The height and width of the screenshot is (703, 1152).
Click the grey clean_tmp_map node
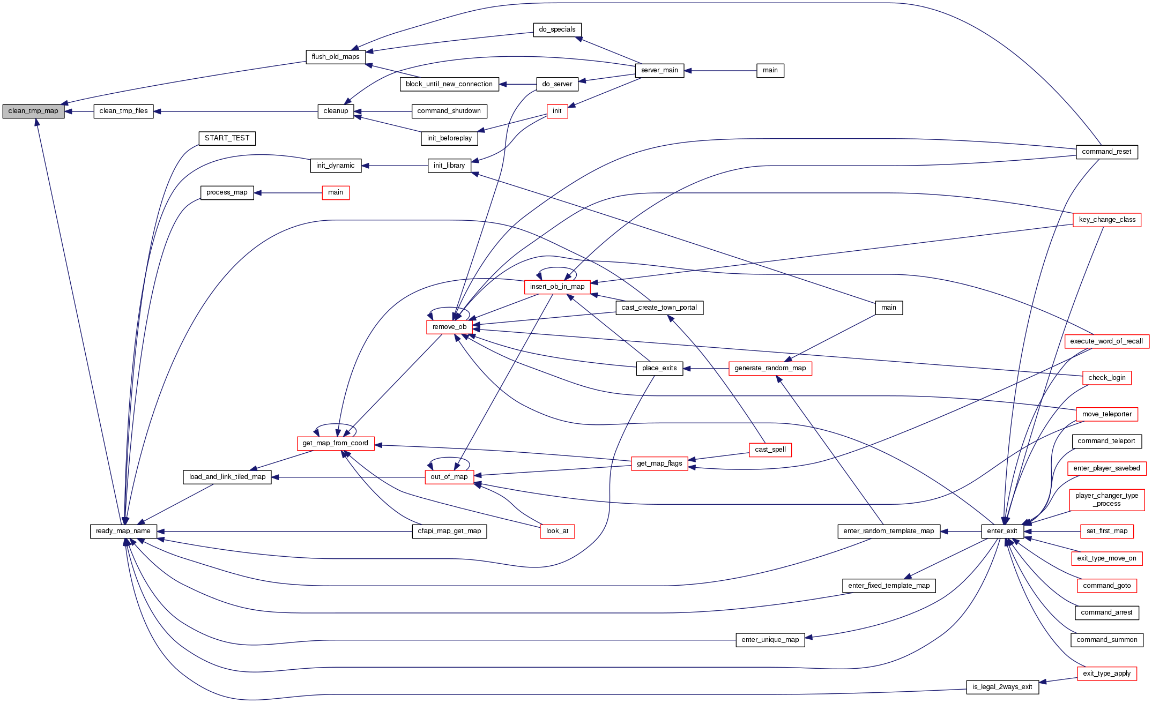(x=33, y=111)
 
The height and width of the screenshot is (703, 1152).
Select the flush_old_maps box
(x=336, y=57)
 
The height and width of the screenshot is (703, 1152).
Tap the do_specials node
(x=557, y=29)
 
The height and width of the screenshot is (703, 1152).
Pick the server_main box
(x=659, y=70)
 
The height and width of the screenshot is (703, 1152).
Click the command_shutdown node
(x=449, y=111)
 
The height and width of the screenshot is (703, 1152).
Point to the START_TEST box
(x=227, y=138)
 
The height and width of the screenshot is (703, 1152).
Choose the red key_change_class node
(x=1107, y=220)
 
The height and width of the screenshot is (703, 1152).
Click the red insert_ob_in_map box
(x=557, y=287)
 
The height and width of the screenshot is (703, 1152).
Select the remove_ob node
(x=449, y=327)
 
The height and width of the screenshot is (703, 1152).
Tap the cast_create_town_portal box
(x=659, y=308)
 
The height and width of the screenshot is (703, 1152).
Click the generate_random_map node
(x=770, y=368)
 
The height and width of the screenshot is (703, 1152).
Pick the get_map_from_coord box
(x=335, y=443)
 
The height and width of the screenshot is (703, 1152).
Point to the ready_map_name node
(x=123, y=531)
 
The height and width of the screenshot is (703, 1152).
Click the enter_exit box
(x=1002, y=531)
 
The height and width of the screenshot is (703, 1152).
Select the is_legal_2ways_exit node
(x=1002, y=687)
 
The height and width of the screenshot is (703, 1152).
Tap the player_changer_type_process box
(x=1106, y=499)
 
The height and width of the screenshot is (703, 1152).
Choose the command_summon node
(x=1106, y=640)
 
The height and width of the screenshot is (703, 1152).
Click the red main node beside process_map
(x=336, y=193)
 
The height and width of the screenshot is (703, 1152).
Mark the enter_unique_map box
(x=770, y=640)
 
